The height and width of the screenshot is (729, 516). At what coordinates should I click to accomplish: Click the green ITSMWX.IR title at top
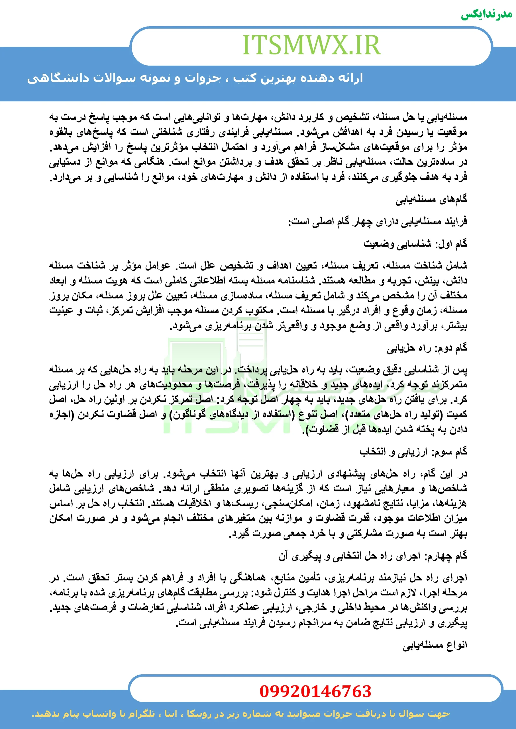(311, 45)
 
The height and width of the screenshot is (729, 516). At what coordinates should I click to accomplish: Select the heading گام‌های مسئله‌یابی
(431, 199)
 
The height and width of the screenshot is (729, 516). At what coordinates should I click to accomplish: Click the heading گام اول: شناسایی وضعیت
(415, 243)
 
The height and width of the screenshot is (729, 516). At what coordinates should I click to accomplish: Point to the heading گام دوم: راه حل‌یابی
(427, 348)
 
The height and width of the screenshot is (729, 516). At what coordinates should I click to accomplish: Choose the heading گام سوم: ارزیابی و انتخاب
(413, 452)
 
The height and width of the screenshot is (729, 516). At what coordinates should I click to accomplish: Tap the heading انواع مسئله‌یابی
(435, 645)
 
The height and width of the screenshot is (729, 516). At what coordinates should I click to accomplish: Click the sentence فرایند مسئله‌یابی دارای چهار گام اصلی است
(378, 221)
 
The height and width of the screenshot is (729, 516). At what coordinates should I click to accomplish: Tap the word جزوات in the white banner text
(203, 78)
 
